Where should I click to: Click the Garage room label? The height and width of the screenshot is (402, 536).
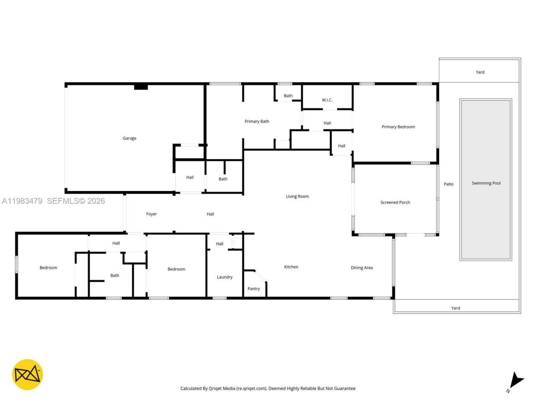point(129,138)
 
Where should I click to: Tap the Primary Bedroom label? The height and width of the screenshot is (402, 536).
point(398,127)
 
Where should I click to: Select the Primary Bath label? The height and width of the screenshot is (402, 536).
point(257,121)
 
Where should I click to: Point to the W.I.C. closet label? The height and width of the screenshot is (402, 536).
point(327,100)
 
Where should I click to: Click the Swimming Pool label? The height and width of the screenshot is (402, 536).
point(486,183)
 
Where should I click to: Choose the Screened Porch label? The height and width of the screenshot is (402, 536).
point(395,202)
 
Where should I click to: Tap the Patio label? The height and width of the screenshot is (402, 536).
point(448,184)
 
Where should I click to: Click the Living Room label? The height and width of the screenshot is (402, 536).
point(297,196)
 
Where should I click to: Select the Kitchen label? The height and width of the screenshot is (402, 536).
point(291,267)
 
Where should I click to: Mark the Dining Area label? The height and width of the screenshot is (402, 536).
point(361,268)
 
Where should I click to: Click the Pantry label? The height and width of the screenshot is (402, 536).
point(253,289)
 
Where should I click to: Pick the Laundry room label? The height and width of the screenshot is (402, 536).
point(224,277)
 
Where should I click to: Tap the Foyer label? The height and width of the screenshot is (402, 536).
point(151,214)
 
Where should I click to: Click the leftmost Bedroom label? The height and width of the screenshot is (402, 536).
point(48,268)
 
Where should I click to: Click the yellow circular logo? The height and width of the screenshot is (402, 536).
point(27,374)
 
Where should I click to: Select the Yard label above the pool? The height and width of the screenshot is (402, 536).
point(480,72)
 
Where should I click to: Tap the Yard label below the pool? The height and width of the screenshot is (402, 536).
point(456,308)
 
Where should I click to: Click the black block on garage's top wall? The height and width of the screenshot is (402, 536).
point(141,87)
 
